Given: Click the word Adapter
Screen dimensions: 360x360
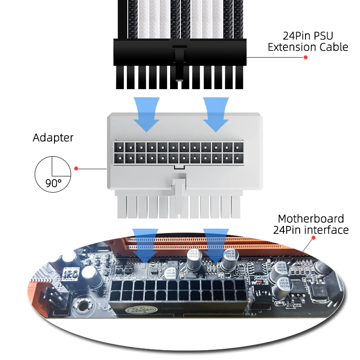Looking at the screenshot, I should coord(53,138).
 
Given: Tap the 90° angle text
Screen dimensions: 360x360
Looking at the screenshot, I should coord(53,184).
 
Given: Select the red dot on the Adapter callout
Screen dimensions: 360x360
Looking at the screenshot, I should coord(76,168).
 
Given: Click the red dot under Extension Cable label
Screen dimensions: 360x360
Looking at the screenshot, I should coord(306,58).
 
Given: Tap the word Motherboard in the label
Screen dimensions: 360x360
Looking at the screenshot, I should coord(310,219).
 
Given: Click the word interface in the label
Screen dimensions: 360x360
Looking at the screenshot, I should coord(325,230).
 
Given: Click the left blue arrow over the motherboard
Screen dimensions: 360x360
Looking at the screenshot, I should coord(145,245).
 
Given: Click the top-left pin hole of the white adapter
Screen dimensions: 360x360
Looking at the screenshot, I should coord(119,147).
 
